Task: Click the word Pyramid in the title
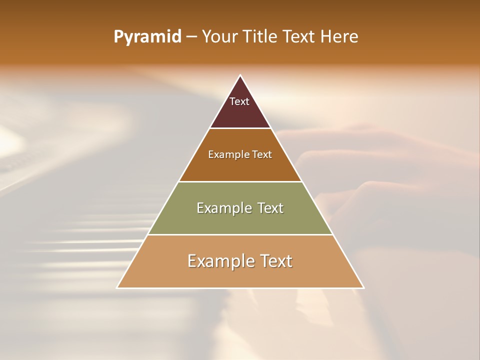(x=147, y=37)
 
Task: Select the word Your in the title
(x=220, y=36)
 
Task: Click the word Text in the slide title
(x=299, y=36)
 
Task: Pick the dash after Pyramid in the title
(x=191, y=37)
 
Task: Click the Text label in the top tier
(x=239, y=101)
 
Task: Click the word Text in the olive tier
(x=268, y=208)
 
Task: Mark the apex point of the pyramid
(x=240, y=75)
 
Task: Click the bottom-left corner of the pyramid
(x=117, y=287)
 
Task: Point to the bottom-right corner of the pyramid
(x=363, y=287)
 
